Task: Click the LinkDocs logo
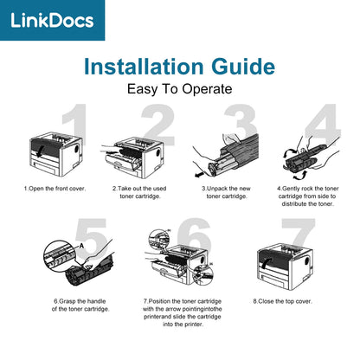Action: [x=52, y=20]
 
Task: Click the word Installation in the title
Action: [x=144, y=67]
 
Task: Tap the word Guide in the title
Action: [x=243, y=67]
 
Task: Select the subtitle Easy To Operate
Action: [x=179, y=89]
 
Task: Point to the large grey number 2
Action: [x=158, y=125]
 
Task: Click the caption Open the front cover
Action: [x=55, y=189]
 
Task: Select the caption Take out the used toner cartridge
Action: [x=139, y=192]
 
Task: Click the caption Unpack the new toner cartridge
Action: [x=226, y=192]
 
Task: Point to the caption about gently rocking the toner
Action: [x=307, y=196]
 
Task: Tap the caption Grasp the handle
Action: [x=80, y=305]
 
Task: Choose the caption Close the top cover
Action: [x=283, y=301]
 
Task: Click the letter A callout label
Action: [x=81, y=246]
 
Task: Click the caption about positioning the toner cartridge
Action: [x=183, y=313]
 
